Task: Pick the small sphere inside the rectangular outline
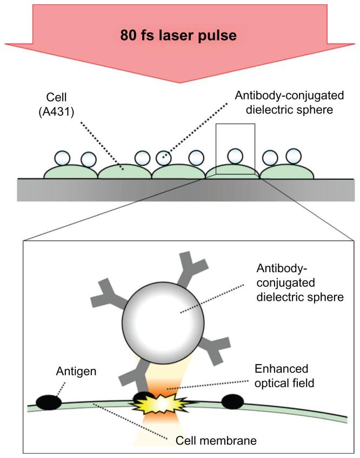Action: pos(234,156)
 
